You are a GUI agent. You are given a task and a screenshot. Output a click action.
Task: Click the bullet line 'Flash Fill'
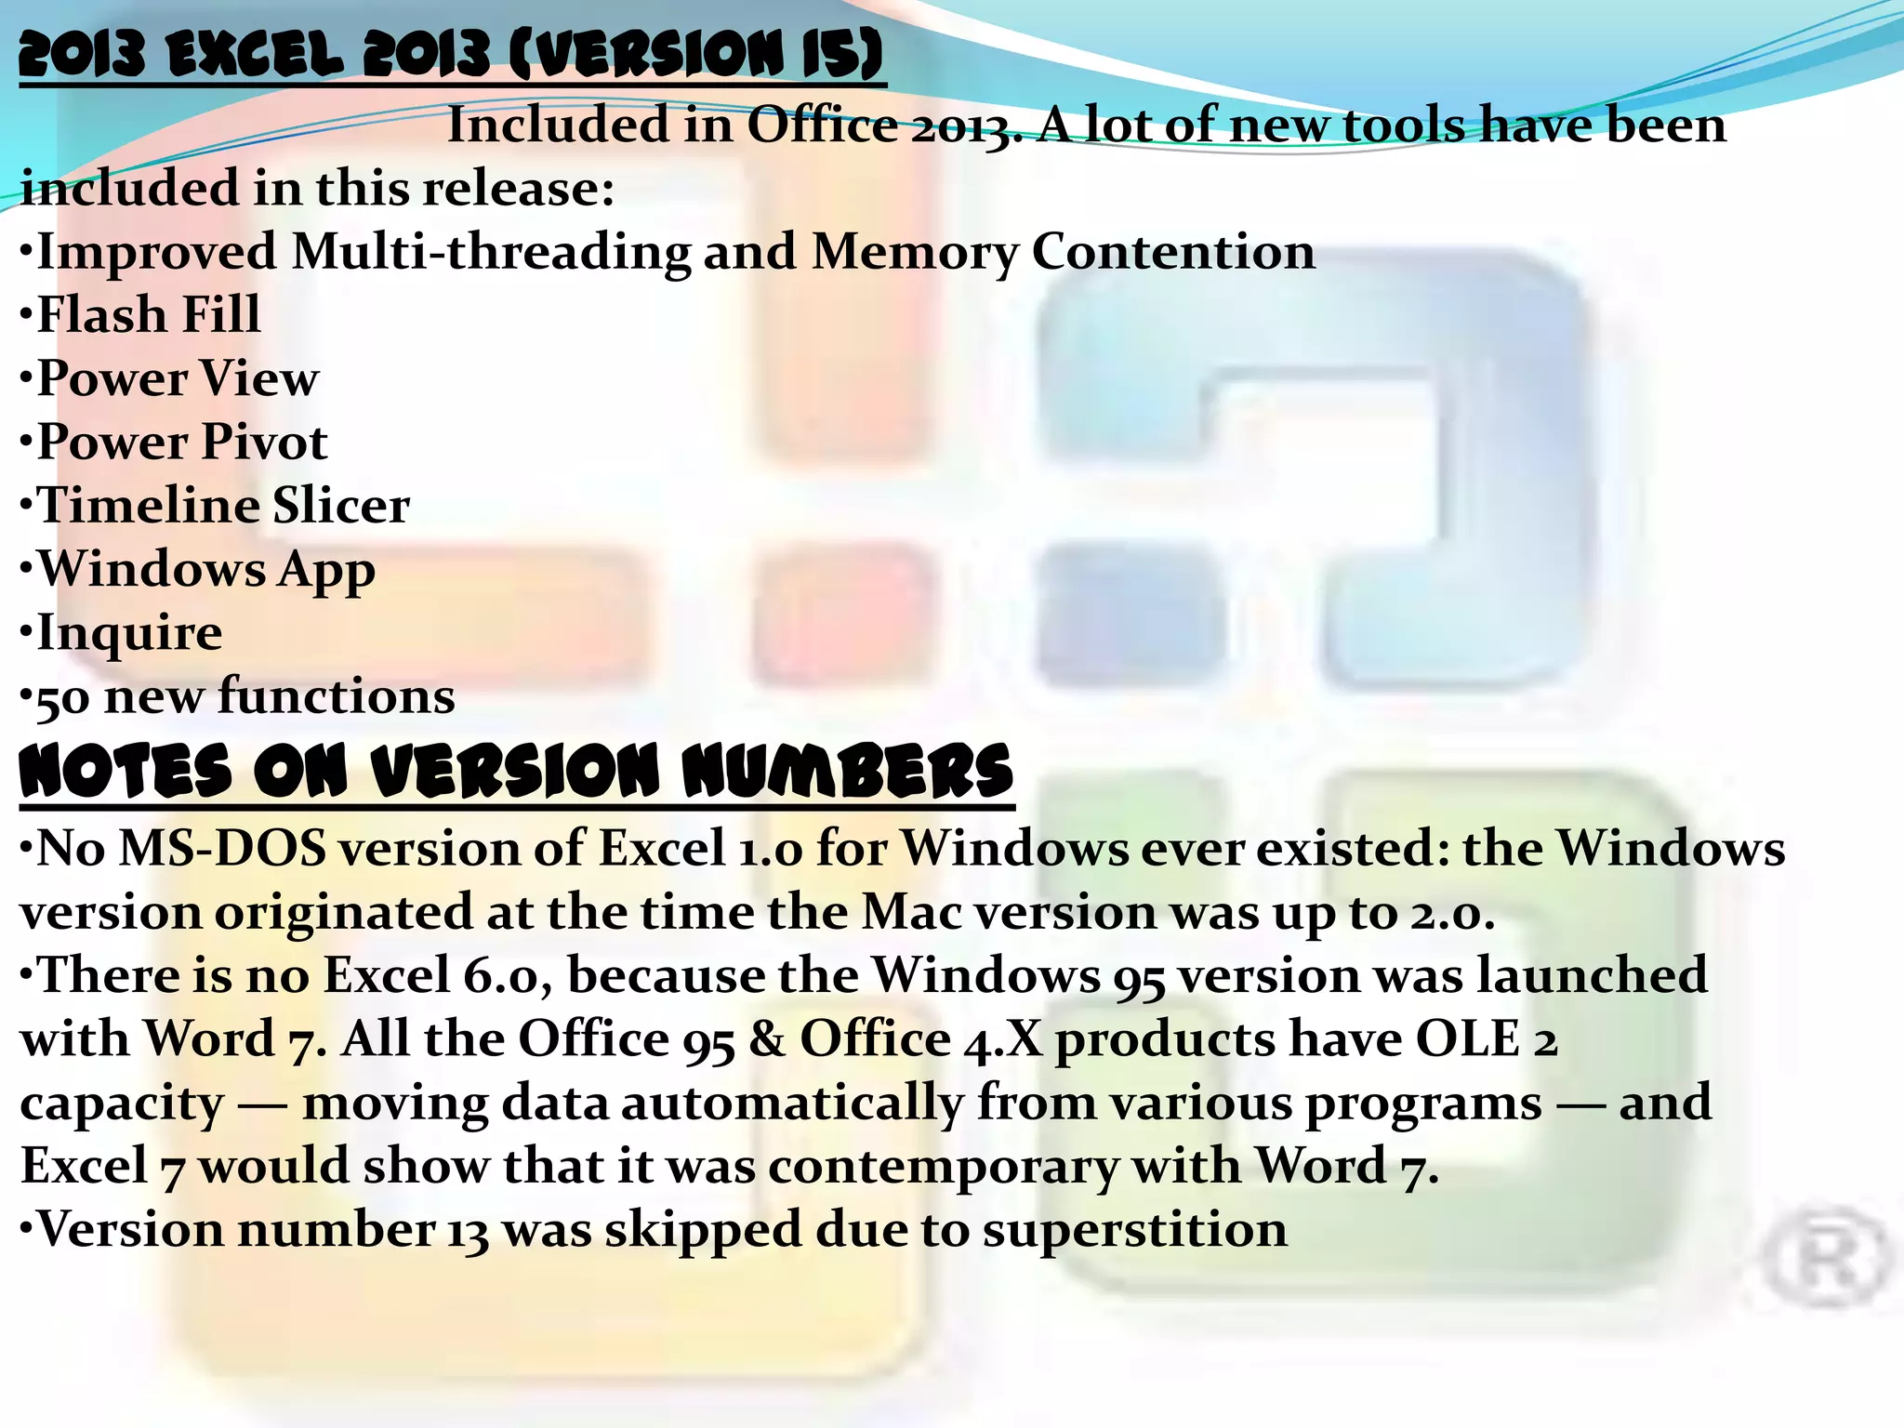(x=148, y=314)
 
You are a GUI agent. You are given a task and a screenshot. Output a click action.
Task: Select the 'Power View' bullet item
(x=177, y=378)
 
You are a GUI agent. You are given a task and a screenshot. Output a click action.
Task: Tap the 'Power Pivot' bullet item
(x=181, y=442)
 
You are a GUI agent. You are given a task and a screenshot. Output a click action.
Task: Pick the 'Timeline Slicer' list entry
(x=222, y=506)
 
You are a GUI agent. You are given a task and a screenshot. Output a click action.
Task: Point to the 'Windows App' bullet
(x=205, y=570)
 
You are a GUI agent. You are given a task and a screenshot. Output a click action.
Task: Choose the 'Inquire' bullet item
(x=129, y=633)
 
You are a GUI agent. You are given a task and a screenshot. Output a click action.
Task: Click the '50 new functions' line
(x=245, y=696)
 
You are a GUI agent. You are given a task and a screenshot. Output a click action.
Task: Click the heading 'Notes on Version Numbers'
(x=516, y=772)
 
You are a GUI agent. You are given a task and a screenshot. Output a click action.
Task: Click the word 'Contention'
(x=1173, y=252)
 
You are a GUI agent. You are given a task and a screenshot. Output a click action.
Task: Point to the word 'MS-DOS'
(x=222, y=848)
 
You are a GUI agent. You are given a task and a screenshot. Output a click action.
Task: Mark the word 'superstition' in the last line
(x=1134, y=1229)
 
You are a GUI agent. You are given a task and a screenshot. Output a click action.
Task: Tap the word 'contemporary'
(x=943, y=1166)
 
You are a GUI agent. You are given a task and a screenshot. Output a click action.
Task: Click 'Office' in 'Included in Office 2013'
(x=822, y=125)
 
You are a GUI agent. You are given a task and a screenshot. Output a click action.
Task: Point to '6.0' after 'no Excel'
(x=502, y=975)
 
